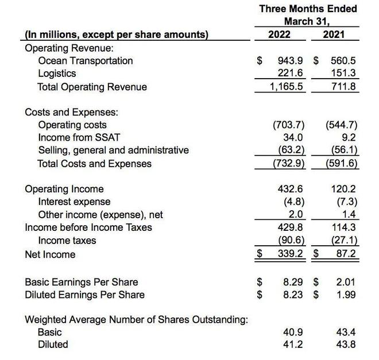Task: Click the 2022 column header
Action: click(280, 34)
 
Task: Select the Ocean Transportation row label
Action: click(85, 61)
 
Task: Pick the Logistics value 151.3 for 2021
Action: click(343, 73)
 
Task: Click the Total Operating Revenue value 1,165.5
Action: click(287, 87)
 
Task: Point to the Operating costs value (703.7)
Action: click(288, 125)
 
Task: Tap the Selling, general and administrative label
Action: click(113, 150)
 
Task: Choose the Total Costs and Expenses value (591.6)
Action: click(341, 164)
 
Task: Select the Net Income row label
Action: click(50, 254)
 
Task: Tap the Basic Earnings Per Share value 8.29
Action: click(293, 282)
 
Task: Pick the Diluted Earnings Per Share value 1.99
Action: click(346, 295)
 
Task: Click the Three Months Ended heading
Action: click(308, 9)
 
